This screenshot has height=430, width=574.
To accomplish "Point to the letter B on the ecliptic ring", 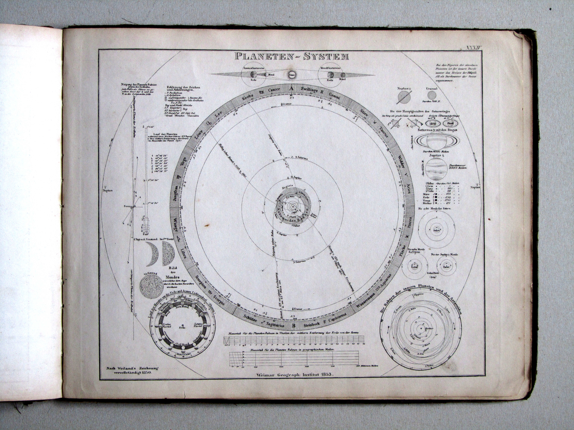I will pyautogui.click(x=294, y=326).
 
